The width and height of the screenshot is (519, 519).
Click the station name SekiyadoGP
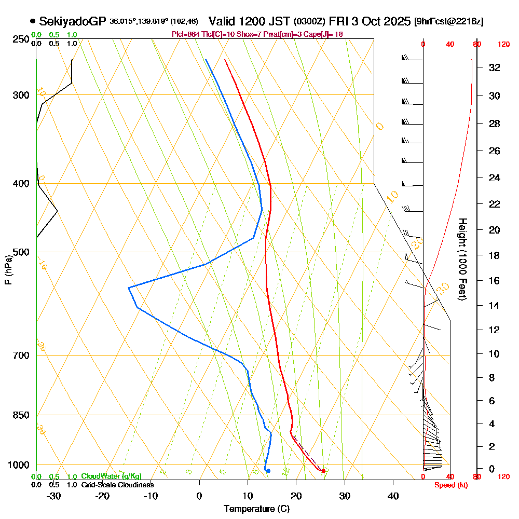pos(73,21)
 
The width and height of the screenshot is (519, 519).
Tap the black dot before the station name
pos(33,21)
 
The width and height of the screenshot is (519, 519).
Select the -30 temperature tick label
pos(54,496)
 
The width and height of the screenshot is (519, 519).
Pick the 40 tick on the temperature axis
pos(393,496)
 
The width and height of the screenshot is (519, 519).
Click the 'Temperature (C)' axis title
pos(256,509)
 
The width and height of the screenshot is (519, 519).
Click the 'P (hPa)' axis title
pos(8,269)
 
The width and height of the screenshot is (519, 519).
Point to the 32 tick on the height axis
pos(495,67)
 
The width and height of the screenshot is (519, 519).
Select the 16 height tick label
pos(495,281)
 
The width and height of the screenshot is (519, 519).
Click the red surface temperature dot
pos(323,471)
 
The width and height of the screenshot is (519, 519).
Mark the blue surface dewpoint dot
pos(268,471)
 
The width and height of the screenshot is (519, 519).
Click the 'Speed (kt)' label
pos(448,485)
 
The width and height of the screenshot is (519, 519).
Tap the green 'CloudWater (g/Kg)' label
pos(111,476)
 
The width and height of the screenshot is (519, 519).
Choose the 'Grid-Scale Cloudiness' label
pos(117,485)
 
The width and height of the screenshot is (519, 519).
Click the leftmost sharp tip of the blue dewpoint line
pos(129,287)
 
